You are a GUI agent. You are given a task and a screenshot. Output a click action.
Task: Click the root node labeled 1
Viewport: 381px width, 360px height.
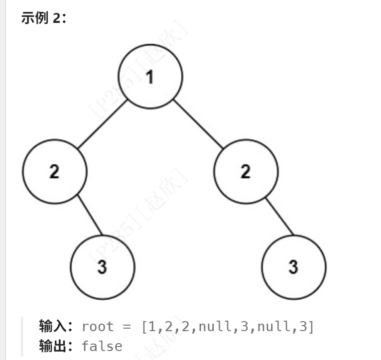tap(150, 77)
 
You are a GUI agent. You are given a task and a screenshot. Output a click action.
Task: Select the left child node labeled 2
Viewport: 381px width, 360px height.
tap(54, 171)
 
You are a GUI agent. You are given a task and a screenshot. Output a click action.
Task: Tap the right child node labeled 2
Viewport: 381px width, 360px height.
tap(246, 171)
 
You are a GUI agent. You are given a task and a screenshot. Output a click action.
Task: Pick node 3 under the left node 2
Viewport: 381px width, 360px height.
tap(102, 266)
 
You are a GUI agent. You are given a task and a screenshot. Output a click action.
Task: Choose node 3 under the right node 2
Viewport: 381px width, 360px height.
tap(293, 266)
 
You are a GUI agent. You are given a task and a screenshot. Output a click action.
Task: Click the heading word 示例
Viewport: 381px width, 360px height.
tap(34, 18)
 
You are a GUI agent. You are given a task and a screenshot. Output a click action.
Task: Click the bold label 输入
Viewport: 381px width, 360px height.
tap(52, 327)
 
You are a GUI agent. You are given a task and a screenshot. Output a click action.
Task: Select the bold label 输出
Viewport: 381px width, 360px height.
tap(52, 346)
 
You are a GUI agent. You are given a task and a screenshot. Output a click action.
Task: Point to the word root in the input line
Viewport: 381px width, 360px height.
tap(98, 327)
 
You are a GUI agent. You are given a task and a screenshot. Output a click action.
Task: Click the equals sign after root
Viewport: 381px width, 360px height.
tap(127, 327)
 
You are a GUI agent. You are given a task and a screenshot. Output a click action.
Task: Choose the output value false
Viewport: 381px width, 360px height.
tap(102, 346)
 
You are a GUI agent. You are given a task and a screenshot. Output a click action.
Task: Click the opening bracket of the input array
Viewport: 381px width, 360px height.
tap(144, 327)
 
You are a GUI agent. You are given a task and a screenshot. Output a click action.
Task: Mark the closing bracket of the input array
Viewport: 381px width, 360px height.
tap(311, 327)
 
